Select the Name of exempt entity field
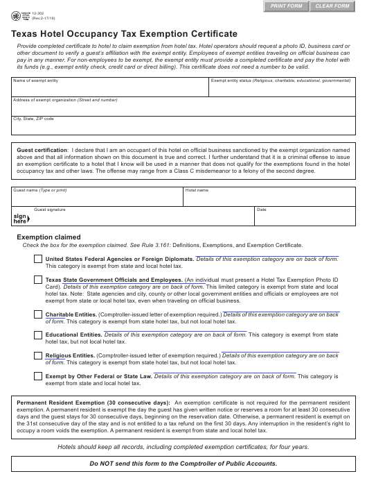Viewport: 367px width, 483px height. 109,90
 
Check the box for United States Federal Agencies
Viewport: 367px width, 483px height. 37,259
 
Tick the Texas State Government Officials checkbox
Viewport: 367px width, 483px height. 37,280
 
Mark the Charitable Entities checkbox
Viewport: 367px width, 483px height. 37,315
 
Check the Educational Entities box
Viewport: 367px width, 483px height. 37,335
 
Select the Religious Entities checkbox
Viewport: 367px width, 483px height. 37,355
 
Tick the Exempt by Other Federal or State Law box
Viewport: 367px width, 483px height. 37,376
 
